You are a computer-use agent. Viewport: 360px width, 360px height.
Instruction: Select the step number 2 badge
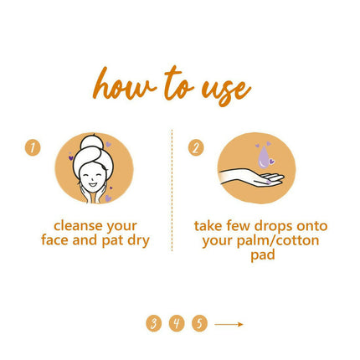pyautogui.click(x=196, y=147)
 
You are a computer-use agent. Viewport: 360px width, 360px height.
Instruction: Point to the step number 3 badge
pyautogui.click(x=153, y=322)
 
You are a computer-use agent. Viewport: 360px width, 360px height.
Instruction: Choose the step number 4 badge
pyautogui.click(x=176, y=322)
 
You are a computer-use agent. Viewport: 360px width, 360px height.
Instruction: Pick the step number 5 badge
pyautogui.click(x=198, y=322)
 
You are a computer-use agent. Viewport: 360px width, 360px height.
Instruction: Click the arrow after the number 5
pyautogui.click(x=229, y=322)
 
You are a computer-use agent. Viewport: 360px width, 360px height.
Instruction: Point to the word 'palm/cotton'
pyautogui.click(x=276, y=240)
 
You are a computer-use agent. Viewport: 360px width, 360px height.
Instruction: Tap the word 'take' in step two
pyautogui.click(x=209, y=226)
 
